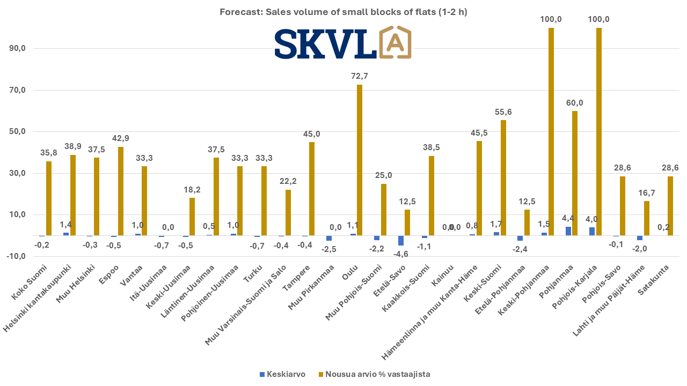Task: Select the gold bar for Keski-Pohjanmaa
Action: tap(551, 132)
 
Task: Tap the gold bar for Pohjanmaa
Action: tap(575, 173)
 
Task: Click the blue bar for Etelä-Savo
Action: tap(401, 240)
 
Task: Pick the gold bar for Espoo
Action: tap(121, 191)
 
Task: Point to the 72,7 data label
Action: tap(360, 76)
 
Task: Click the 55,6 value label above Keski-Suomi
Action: tap(503, 112)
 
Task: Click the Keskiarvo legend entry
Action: tap(282, 374)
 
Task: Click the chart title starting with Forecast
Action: tap(343, 12)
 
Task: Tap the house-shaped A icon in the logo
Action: tap(396, 42)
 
